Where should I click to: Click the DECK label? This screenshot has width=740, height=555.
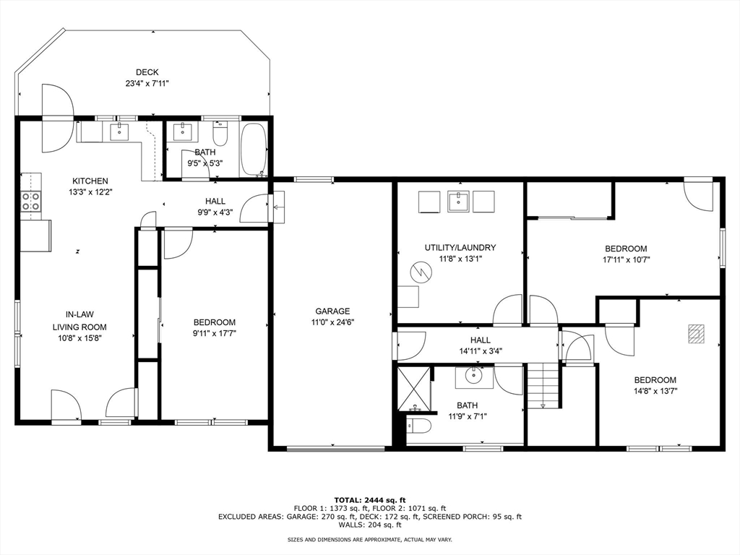click(147, 72)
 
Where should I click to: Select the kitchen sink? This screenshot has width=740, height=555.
click(120, 131)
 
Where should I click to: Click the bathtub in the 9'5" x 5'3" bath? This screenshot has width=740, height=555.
click(254, 150)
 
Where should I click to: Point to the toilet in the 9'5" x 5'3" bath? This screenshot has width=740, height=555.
click(220, 134)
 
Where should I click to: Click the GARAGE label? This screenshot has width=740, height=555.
click(332, 311)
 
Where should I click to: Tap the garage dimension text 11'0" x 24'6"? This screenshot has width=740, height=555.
click(332, 322)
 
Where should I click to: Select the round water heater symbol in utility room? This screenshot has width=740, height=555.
click(421, 272)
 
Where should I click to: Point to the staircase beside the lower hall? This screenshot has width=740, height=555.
click(543, 385)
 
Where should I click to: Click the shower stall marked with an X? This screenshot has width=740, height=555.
click(414, 388)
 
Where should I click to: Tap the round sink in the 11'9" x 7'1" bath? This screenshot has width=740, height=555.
click(473, 376)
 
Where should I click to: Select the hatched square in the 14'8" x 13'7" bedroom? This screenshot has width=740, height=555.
click(695, 333)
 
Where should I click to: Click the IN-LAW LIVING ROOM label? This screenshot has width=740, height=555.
click(79, 320)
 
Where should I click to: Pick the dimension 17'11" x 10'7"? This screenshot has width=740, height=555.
click(627, 259)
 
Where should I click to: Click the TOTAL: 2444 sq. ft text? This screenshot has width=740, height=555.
click(370, 500)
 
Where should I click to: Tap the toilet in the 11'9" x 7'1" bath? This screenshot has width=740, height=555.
click(418, 426)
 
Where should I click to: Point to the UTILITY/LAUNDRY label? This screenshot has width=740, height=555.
click(460, 247)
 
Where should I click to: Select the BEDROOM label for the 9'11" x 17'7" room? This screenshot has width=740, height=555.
click(215, 322)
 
